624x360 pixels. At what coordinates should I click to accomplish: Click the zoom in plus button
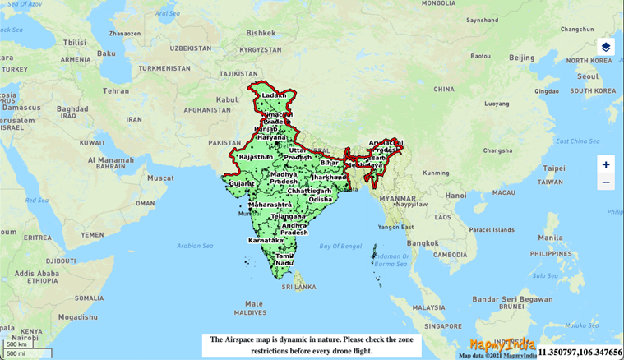click(x=606, y=164)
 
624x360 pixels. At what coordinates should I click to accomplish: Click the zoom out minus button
click(x=606, y=182)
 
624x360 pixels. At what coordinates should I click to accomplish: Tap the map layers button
click(x=605, y=47)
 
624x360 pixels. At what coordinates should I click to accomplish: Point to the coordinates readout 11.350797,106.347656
click(x=580, y=351)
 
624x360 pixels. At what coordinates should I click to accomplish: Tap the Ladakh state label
click(x=274, y=95)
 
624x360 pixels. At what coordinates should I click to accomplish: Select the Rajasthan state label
click(x=255, y=156)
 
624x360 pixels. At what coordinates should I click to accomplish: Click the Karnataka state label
click(x=266, y=241)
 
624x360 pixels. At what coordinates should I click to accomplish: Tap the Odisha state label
click(x=321, y=199)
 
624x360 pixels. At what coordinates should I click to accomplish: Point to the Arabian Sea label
click(x=194, y=244)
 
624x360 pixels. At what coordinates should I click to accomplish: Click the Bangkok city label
click(x=423, y=243)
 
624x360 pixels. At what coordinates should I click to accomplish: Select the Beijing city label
click(x=521, y=58)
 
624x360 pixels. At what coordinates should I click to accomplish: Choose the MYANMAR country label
click(x=397, y=198)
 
